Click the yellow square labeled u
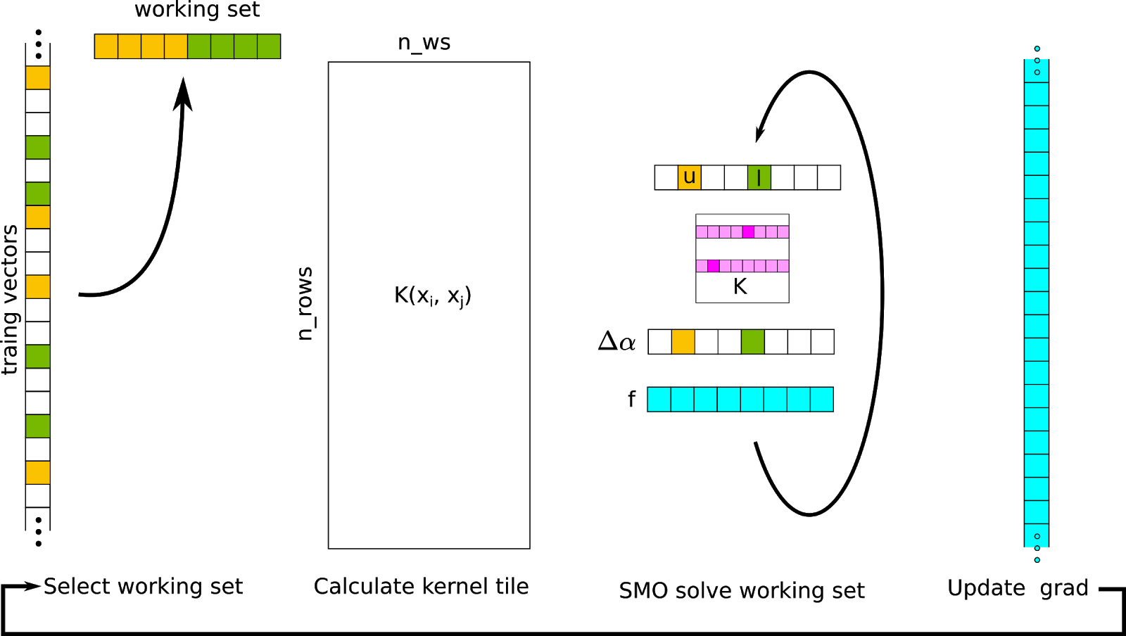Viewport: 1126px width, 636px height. [x=689, y=177]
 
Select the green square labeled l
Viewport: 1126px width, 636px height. [x=759, y=177]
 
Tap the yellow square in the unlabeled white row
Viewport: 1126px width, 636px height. [x=683, y=342]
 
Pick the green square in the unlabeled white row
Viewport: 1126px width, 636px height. [x=752, y=342]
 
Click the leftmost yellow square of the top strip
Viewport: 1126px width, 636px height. [x=106, y=46]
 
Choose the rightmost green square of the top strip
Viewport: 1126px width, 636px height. [x=269, y=46]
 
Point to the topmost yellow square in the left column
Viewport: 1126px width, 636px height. [x=38, y=77]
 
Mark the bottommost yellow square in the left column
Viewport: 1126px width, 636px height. [x=38, y=473]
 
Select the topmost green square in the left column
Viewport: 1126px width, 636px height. [x=38, y=147]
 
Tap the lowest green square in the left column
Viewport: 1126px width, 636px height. [x=38, y=426]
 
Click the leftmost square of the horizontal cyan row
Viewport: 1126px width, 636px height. [x=659, y=400]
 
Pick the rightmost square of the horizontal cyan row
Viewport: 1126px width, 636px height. [x=821, y=400]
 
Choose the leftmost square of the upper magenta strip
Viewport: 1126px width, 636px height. [x=702, y=232]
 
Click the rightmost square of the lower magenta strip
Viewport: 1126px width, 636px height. [x=783, y=266]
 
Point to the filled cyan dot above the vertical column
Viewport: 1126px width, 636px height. [x=1037, y=49]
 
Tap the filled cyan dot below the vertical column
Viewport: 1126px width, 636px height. [x=1037, y=560]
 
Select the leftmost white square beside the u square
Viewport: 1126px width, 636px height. [x=666, y=177]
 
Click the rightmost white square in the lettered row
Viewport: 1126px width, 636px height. [x=828, y=177]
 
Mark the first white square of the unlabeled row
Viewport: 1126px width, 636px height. [x=659, y=342]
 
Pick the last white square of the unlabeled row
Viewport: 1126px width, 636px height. [x=822, y=342]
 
